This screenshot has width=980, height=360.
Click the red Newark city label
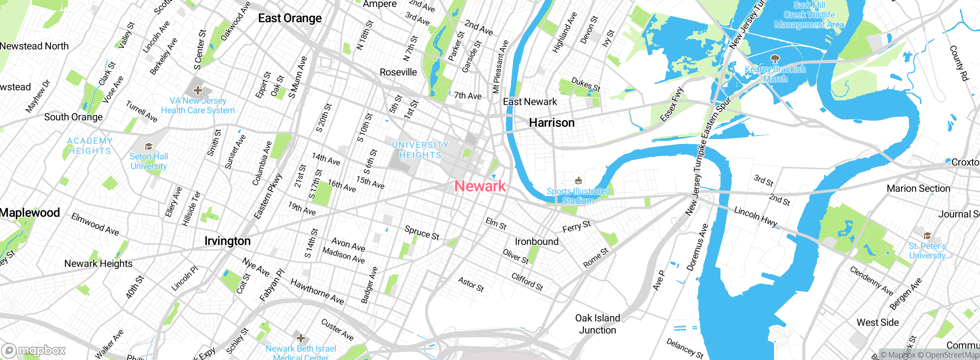point(480,186)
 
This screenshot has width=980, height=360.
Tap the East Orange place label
point(290,18)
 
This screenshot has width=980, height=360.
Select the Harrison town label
point(552,123)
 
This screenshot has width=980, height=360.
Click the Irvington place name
point(227,241)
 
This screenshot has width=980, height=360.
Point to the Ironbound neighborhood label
point(536,241)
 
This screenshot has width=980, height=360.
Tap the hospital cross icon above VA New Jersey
point(198,90)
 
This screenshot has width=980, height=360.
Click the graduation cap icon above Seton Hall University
point(149,146)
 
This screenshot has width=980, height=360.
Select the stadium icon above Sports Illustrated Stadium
point(578,180)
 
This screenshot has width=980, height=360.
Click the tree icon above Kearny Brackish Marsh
point(775,59)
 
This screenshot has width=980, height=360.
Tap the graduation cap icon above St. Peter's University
point(927,236)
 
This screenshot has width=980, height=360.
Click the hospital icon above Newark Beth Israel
point(301,338)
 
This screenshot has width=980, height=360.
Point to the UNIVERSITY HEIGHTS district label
point(420,150)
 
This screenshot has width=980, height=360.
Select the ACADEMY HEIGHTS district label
point(90,146)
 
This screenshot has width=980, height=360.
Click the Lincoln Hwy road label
point(756,217)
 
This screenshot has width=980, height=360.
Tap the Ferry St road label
point(577,226)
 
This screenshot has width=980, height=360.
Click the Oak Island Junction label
point(598,324)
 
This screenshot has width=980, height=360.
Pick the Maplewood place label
point(30,213)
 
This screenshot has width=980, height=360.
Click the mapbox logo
point(34,350)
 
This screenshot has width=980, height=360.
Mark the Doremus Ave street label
point(697,247)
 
